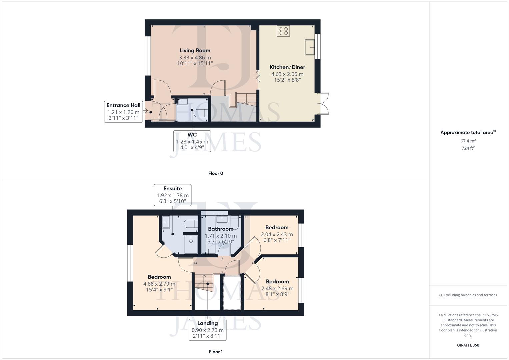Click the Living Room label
point(195,51)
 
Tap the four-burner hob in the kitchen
point(283,31)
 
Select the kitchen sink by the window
point(310,47)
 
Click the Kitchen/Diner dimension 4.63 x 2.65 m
point(287,74)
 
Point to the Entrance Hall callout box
point(123,112)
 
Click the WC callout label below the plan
point(192,135)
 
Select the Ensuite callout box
point(172,195)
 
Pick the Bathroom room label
point(220,229)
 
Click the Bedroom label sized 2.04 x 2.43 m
point(277,228)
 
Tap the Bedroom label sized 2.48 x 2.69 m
point(277,282)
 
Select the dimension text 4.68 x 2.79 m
point(159,284)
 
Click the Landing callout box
point(207,329)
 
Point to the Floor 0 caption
point(216,173)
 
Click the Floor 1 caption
point(216,352)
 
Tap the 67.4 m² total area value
point(468,141)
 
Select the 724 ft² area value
point(468,148)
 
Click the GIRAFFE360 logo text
point(468,345)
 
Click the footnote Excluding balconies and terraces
point(468,295)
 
